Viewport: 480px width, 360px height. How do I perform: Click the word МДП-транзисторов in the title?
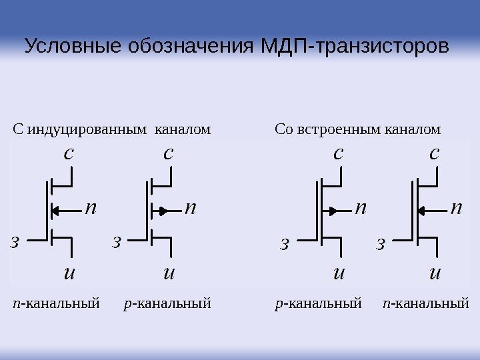coord(353,48)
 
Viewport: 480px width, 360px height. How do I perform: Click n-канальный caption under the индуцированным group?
coord(56,305)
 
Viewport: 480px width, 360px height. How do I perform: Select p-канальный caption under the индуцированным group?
coord(167,305)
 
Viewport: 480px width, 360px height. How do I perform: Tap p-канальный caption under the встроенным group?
coord(318,305)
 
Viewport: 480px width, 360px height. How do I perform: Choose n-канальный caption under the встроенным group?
coord(427,305)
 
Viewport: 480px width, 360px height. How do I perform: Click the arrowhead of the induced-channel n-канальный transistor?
coord(56,211)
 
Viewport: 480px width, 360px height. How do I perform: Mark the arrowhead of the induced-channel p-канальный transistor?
coord(161,211)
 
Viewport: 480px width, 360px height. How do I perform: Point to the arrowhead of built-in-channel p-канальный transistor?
coord(329,211)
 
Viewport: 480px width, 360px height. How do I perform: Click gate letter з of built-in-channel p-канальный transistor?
coord(285,244)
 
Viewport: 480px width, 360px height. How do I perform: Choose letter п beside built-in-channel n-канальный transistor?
coord(457,208)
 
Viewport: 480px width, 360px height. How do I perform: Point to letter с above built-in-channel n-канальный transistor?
coord(435,153)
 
